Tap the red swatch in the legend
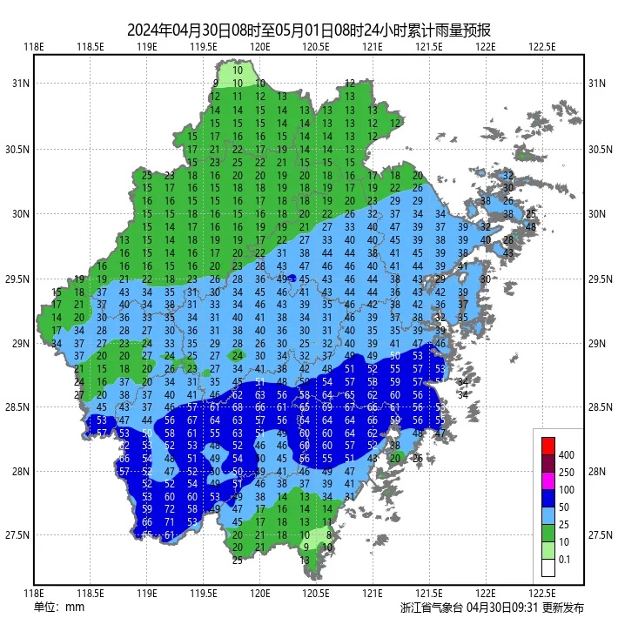(x=547, y=445)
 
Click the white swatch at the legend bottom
(x=547, y=568)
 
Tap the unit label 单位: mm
(x=58, y=607)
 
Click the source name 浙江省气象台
(x=432, y=607)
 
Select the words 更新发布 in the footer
(x=562, y=607)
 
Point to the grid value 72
(x=170, y=508)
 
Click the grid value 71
(x=170, y=521)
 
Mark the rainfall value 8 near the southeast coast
(x=327, y=534)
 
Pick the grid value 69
(x=327, y=406)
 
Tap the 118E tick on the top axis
(x=34, y=47)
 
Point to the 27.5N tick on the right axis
(x=598, y=535)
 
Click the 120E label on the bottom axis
(x=259, y=594)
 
